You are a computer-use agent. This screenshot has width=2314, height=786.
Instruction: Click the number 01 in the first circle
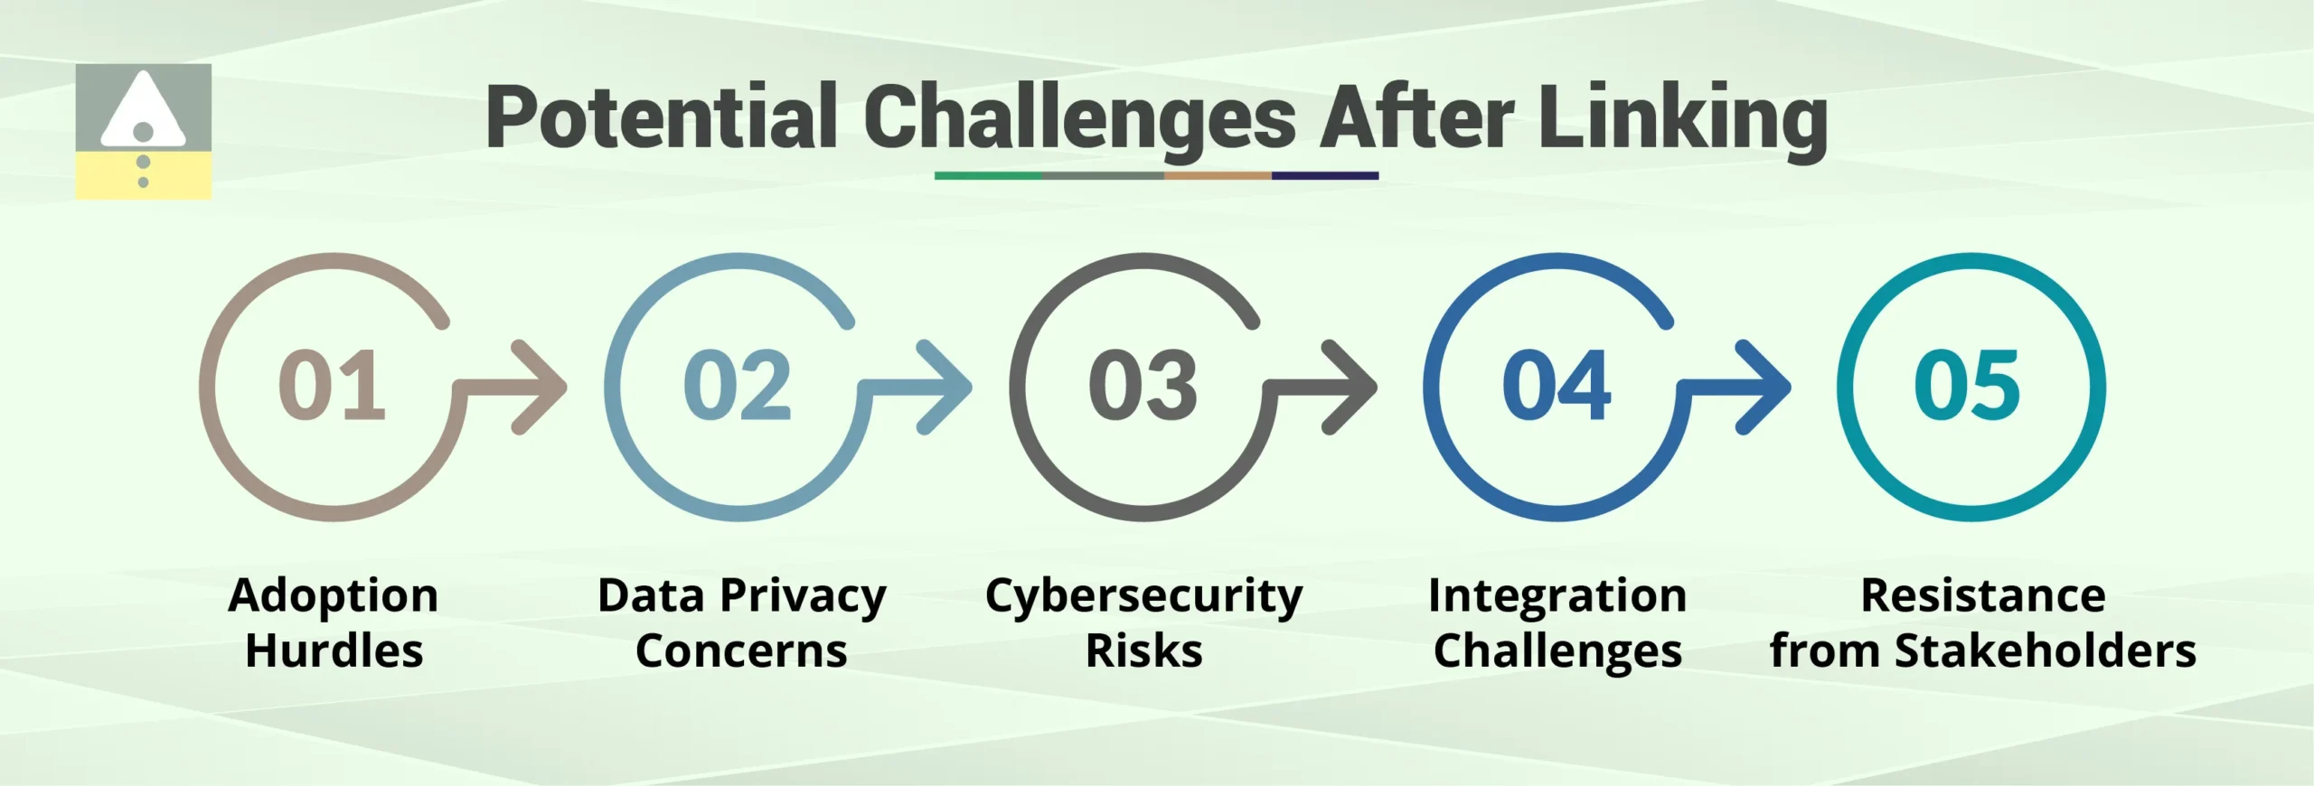click(x=332, y=386)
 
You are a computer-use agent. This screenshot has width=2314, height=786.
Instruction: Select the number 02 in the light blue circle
click(x=737, y=386)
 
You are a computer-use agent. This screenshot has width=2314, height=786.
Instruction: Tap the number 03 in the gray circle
click(x=1143, y=386)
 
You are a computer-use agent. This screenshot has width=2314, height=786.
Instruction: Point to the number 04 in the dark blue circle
click(x=1556, y=386)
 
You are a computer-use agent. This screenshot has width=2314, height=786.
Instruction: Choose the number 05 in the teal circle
click(x=1967, y=386)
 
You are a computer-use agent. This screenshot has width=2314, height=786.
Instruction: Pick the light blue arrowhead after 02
click(x=946, y=388)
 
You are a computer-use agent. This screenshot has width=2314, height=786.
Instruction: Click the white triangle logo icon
click(x=143, y=112)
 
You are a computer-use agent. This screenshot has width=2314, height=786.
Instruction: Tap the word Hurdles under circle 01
click(x=334, y=650)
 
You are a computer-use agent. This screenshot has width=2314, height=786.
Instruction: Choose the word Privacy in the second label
click(x=803, y=597)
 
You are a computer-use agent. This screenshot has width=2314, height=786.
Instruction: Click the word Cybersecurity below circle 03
click(x=1143, y=597)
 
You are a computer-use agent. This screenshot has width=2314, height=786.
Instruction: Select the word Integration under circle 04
click(x=1557, y=595)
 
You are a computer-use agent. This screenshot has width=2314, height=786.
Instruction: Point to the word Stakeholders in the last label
click(x=2045, y=650)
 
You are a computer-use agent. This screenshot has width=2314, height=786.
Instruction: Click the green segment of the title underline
click(x=987, y=175)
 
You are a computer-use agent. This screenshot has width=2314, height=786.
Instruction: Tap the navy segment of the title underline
click(x=1324, y=175)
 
